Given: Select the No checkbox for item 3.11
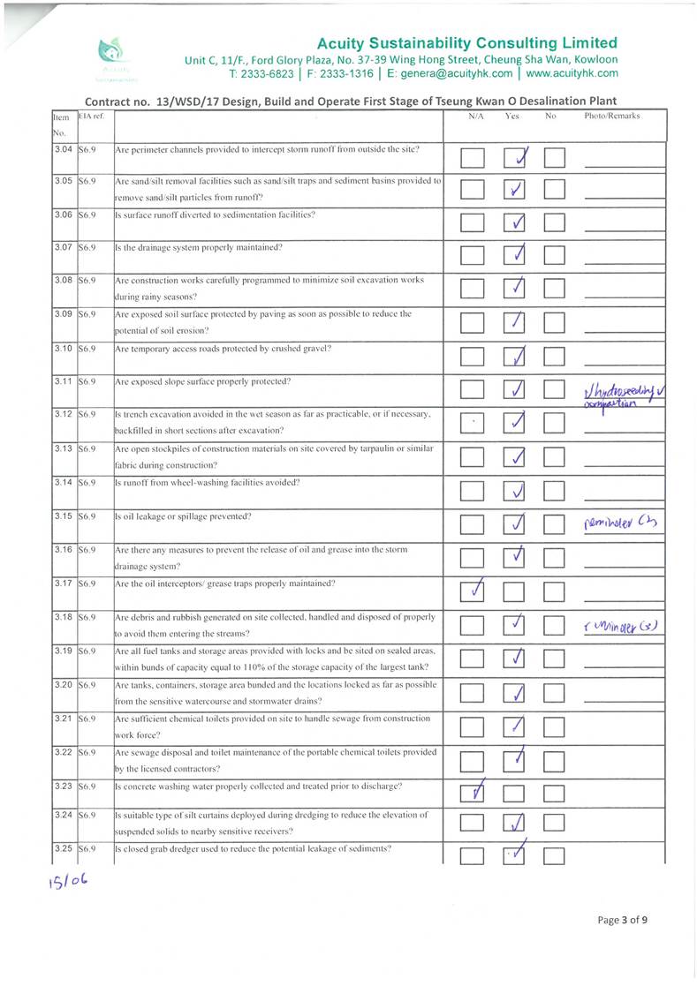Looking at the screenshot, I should point(554,389).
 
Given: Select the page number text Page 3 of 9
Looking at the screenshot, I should point(622,919).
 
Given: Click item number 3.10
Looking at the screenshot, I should point(62,349).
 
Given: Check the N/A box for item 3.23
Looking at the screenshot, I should point(473,794).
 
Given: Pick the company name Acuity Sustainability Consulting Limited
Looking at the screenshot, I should point(467,42).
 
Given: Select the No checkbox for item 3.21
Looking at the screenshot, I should point(554,727).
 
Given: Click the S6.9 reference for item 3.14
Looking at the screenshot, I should point(87,483).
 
